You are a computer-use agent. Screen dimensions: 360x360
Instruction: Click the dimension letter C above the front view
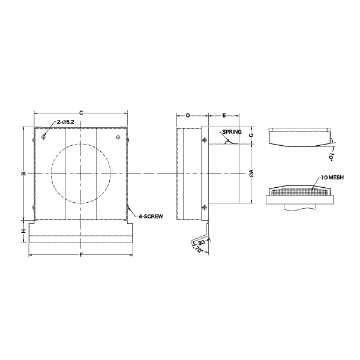click(x=81, y=113)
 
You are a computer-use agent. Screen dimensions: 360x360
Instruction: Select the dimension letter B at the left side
click(x=23, y=174)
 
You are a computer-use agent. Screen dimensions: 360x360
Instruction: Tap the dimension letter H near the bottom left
click(x=23, y=232)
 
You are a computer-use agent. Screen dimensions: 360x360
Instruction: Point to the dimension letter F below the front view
click(x=81, y=255)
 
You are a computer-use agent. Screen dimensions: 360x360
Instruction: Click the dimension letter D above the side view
click(x=188, y=115)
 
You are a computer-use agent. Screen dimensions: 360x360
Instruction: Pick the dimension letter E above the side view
click(x=224, y=115)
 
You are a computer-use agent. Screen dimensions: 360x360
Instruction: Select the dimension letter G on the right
click(x=251, y=135)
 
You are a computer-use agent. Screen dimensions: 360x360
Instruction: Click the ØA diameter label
click(x=251, y=173)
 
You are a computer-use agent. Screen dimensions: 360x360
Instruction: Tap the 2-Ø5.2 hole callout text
click(x=65, y=122)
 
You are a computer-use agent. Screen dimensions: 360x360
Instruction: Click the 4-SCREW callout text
click(x=151, y=216)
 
